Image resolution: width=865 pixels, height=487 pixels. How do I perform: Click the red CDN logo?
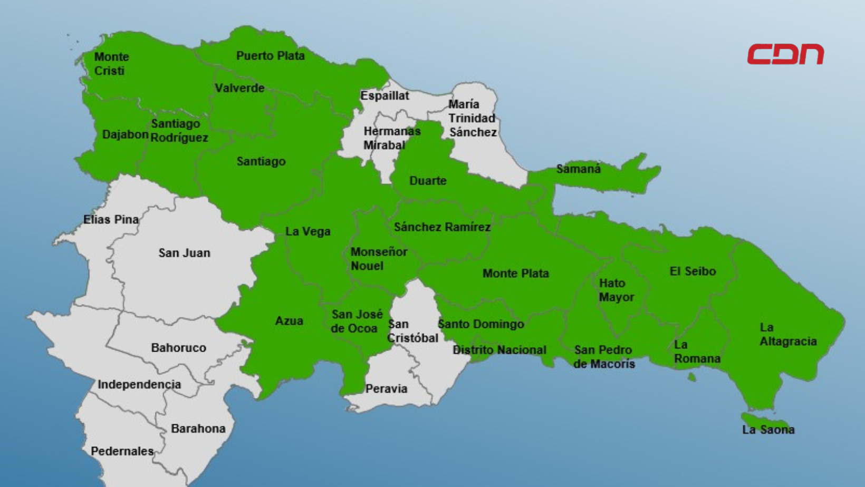coord(785,54)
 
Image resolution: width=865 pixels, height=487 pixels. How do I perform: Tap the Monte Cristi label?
coord(111,64)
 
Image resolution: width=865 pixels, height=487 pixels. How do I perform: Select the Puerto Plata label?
coord(270,56)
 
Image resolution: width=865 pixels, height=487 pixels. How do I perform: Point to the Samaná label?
coord(578,169)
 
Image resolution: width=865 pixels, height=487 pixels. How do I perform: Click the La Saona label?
coord(768,430)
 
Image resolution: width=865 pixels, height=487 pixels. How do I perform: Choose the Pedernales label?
coord(122,451)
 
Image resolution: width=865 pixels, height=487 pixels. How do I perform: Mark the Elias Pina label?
coord(111,219)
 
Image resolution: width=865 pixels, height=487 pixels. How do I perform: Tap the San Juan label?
coord(184,253)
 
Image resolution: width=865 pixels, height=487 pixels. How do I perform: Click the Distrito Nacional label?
coord(499,350)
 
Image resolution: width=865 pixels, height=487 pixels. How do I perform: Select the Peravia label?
coord(386,389)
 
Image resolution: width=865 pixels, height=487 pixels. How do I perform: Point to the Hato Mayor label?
coord(616,290)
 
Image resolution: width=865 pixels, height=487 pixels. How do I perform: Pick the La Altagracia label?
coord(787,335)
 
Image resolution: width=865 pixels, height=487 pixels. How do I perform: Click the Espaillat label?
coord(385,96)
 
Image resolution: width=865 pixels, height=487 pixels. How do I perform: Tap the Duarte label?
coord(428,181)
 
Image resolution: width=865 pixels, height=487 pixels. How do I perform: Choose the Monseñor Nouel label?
coord(378,259)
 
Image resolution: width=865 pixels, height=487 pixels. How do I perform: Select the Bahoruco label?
coord(178,348)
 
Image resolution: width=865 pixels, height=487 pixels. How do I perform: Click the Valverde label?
coord(239,88)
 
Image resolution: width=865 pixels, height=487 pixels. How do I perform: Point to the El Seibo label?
coord(693,271)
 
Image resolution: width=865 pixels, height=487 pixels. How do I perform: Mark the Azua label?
coord(289,321)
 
